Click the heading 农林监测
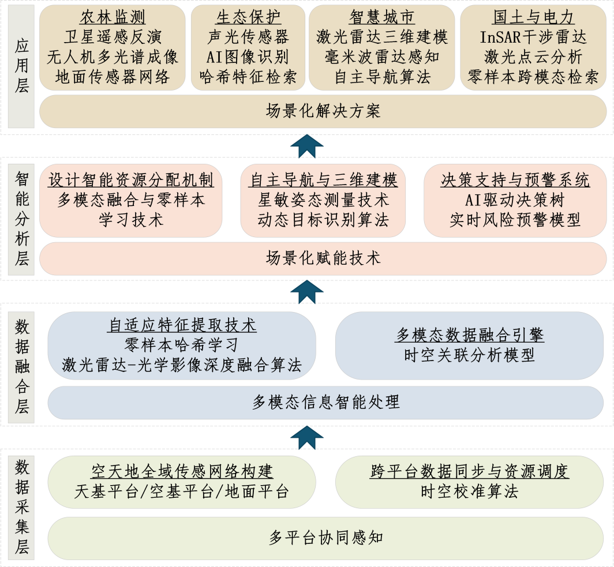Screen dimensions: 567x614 [x=113, y=17]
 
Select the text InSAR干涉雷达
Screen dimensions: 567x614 [x=533, y=37]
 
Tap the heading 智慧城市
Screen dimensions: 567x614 [x=382, y=17]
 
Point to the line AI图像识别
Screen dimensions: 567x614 [x=248, y=57]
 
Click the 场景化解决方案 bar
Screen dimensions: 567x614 [x=323, y=111]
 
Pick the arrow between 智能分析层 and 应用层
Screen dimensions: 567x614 [x=306, y=146]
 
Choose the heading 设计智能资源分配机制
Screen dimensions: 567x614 [x=131, y=180]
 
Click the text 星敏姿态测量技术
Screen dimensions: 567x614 [x=323, y=200]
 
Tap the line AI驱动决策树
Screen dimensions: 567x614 [x=515, y=200]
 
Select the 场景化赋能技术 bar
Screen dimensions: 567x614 [x=323, y=258]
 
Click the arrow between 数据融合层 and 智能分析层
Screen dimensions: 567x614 [x=306, y=292]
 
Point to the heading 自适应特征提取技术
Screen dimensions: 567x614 [x=182, y=325]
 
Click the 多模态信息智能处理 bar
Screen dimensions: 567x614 [x=325, y=402]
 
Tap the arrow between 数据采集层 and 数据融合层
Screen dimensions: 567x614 [x=306, y=438]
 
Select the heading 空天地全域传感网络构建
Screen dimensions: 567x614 [x=182, y=471]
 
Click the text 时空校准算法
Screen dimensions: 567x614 [x=469, y=491]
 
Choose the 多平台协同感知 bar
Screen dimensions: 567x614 [x=325, y=538]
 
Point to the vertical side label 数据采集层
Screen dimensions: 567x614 [x=21, y=506]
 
